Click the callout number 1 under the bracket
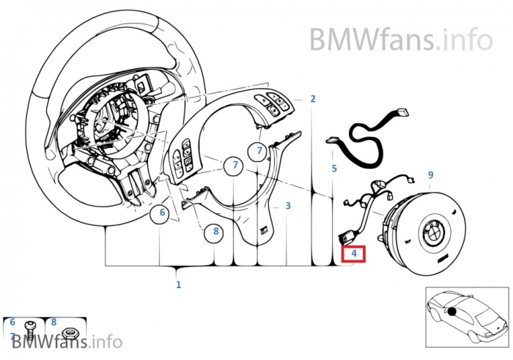[x=178, y=284]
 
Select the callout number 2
[x=313, y=99]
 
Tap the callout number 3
[x=288, y=206]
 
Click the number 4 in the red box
[x=354, y=253]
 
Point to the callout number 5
[x=334, y=169]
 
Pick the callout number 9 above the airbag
[x=430, y=175]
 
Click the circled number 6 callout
[x=163, y=215]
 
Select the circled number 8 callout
[x=215, y=232]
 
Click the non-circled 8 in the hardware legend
[x=53, y=322]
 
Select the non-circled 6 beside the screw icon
[x=12, y=322]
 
